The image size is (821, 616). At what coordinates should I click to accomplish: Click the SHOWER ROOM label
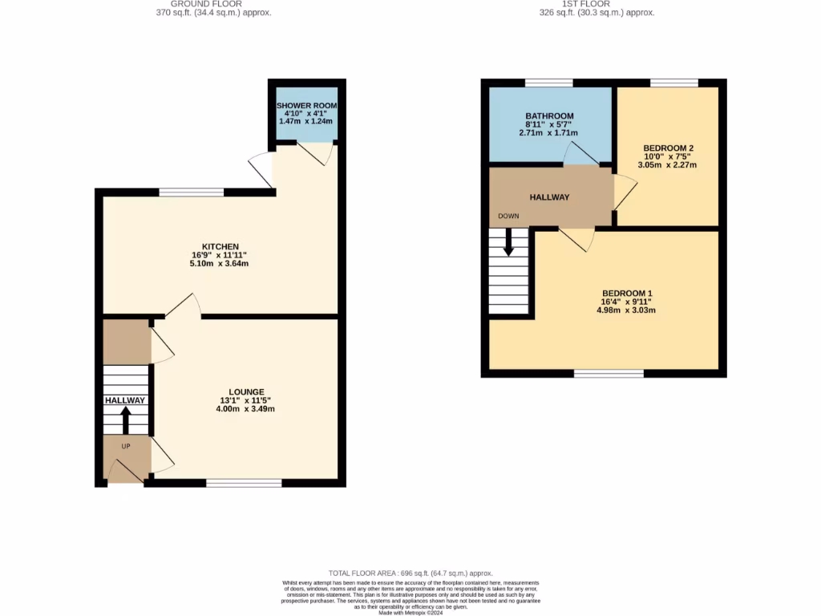pos(307,106)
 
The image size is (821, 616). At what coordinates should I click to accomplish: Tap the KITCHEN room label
pos(220,246)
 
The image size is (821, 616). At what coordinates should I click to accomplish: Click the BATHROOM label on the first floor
pos(549,116)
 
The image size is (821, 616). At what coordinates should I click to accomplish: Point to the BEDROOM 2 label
pos(668,148)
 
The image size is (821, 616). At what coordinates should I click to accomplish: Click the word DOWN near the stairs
pos(508,217)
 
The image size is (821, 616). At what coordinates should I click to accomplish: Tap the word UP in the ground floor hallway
pos(126,446)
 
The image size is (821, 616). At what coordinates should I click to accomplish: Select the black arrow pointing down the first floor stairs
pos(508,242)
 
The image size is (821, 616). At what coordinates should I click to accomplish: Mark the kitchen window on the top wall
pos(191,192)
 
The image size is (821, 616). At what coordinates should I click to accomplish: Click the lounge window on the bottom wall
pos(244,483)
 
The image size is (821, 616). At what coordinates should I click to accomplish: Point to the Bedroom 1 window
pos(609,373)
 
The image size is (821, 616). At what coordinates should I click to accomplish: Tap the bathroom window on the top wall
pos(549,83)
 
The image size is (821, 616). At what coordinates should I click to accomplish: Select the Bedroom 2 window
pos(673,83)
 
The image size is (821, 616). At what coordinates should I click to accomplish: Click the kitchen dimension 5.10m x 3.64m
pos(219,263)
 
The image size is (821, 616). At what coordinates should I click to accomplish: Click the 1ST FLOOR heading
pos(597,4)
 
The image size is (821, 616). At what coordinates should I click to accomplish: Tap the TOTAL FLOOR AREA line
pos(410,574)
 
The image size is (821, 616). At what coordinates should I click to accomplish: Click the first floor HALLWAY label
pos(549,197)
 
